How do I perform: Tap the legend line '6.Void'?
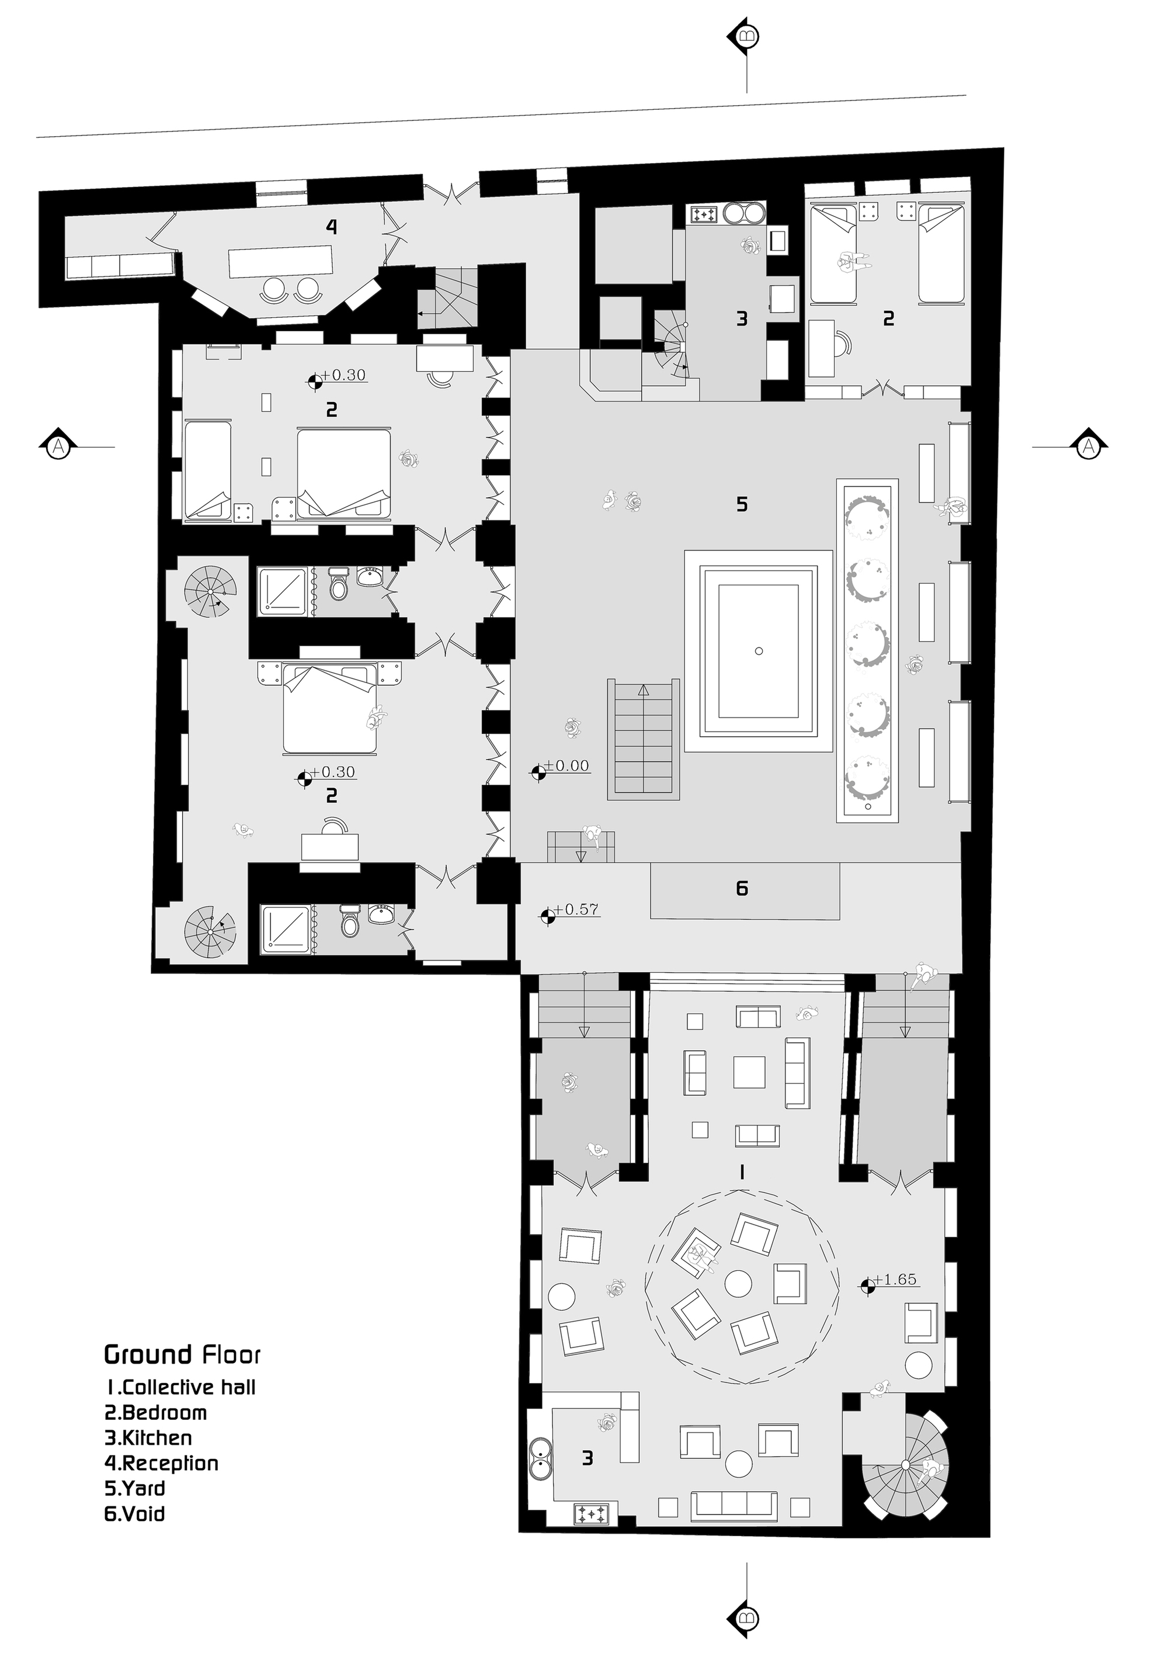tap(135, 1513)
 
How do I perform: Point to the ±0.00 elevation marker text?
tap(567, 766)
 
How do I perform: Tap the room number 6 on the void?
tap(742, 888)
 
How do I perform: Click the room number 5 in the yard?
tap(742, 504)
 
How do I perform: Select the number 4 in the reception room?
tap(331, 227)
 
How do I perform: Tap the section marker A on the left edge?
tap(58, 447)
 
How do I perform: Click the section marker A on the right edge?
tap(1088, 447)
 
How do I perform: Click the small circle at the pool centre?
tap(759, 651)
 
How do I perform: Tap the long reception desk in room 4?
tap(281, 262)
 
